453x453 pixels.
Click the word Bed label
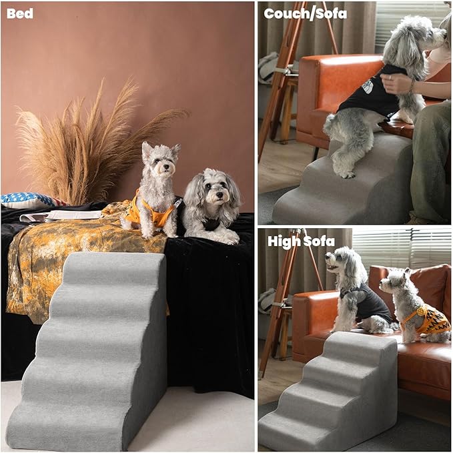pyautogui.click(x=19, y=13)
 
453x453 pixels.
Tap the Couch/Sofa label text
pyautogui.click(x=305, y=13)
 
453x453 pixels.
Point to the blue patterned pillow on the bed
pyautogui.click(x=27, y=200)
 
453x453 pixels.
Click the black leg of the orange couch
pyautogui.click(x=314, y=153)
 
